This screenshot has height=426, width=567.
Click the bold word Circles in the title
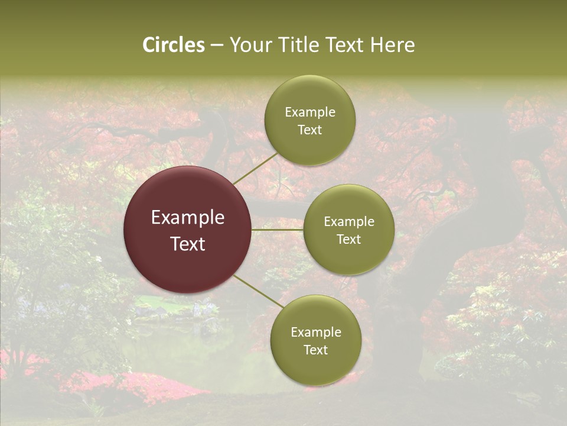coord(174,45)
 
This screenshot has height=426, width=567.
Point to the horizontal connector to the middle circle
coord(278,229)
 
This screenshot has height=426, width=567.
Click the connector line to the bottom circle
coord(259,292)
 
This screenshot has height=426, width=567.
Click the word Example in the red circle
coord(188,218)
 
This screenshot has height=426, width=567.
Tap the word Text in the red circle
coord(188,244)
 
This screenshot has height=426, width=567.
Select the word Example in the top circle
coord(309,112)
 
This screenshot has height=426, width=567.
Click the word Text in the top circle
coord(309,130)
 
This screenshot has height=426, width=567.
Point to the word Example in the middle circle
coord(348,222)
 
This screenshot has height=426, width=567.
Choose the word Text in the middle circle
coord(348,240)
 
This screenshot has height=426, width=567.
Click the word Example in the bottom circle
coord(315,333)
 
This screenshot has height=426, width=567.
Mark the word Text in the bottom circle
coord(315,350)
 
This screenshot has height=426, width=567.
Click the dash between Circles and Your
coord(216,46)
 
